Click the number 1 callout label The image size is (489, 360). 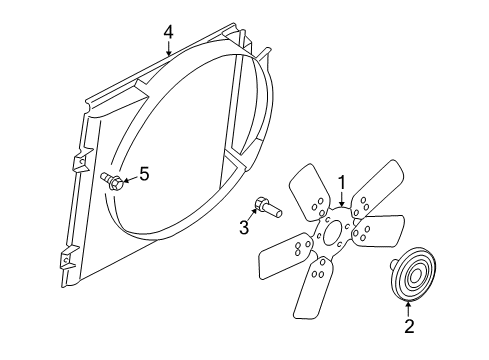tap(341, 182)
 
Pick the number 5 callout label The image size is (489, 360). tap(143, 174)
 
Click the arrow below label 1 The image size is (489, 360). tap(341, 199)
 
